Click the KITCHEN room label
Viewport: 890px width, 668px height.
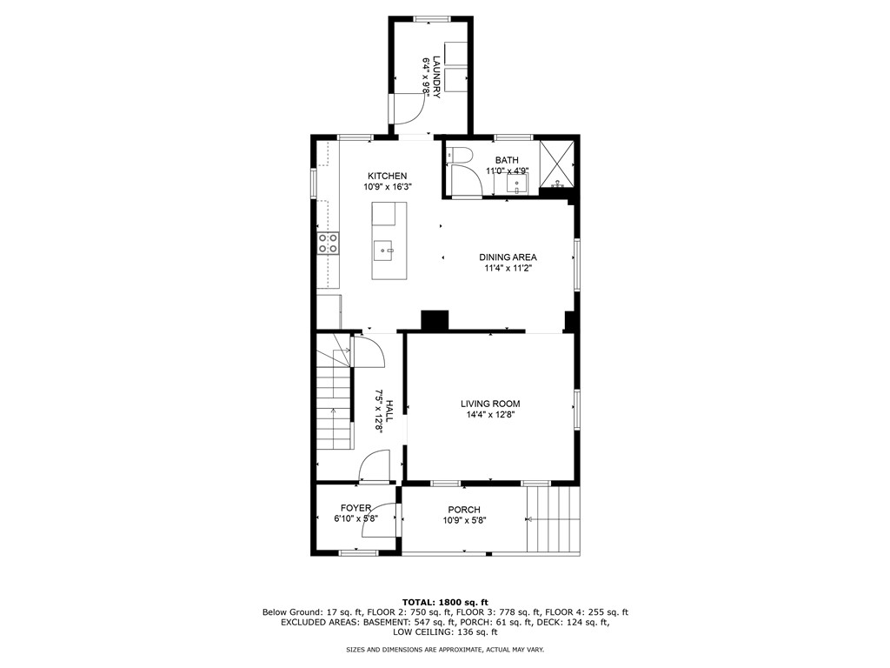(x=387, y=176)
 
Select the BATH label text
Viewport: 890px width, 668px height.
(x=507, y=160)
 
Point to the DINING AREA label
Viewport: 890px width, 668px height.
(x=508, y=257)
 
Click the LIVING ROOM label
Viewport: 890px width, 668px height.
(x=490, y=404)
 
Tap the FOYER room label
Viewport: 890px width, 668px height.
(x=355, y=508)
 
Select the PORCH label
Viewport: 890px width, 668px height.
(x=464, y=510)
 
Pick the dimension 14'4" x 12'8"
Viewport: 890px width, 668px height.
(x=490, y=415)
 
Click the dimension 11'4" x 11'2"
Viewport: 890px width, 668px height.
(x=508, y=269)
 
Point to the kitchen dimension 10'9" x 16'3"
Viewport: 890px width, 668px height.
(x=387, y=187)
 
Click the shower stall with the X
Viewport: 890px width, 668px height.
(x=556, y=163)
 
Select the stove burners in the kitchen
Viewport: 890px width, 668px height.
(x=328, y=244)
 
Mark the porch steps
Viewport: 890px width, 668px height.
(x=553, y=518)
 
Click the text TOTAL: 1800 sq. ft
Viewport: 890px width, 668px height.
(x=445, y=602)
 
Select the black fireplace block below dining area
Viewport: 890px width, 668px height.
(x=435, y=320)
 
